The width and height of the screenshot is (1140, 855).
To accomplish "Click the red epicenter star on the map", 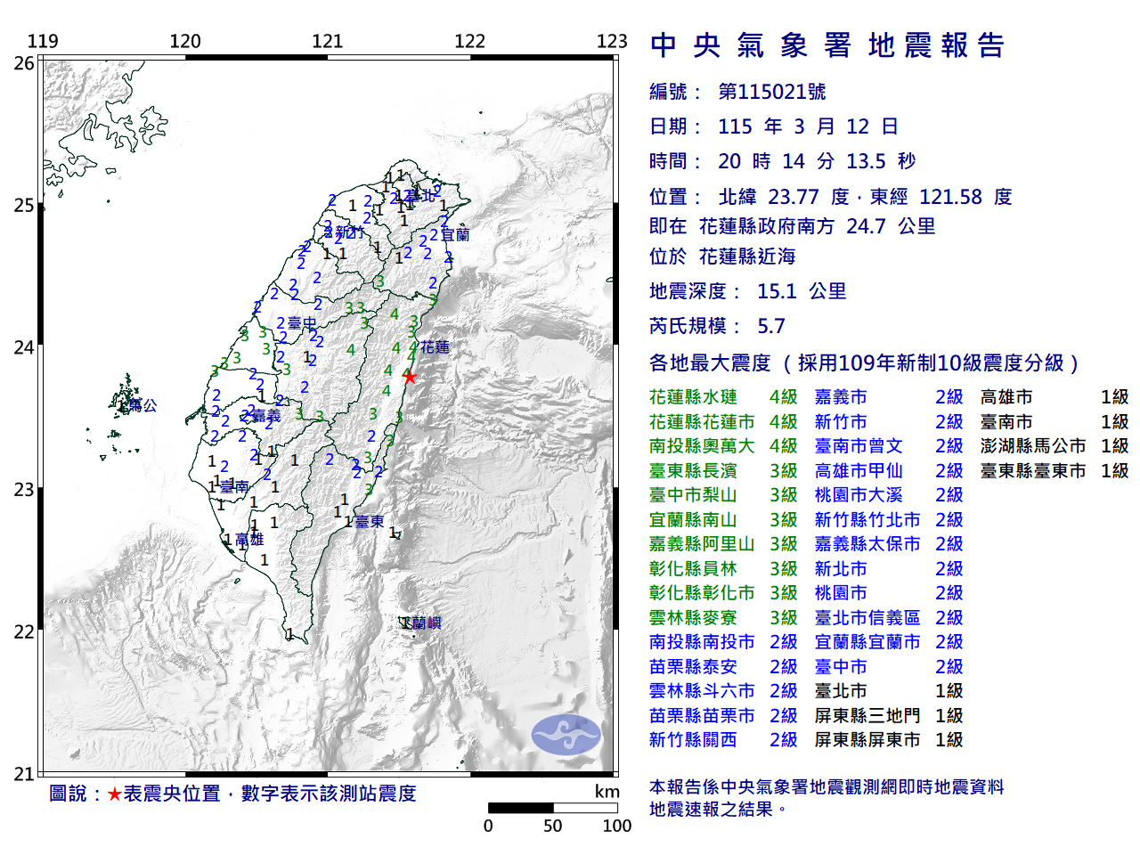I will (409, 377).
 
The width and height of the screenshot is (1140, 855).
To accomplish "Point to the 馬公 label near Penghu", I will (142, 405).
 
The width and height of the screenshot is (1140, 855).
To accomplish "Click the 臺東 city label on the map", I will (370, 522).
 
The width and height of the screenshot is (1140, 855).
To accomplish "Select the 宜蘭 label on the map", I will (455, 235).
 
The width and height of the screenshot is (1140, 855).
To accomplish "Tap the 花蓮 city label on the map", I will (436, 347).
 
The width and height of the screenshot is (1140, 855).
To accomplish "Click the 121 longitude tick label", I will (327, 41).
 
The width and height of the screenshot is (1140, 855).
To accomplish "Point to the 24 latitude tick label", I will (24, 347).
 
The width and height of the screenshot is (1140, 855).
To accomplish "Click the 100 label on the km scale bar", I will (616, 826).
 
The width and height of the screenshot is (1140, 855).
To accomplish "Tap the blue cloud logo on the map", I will (566, 735).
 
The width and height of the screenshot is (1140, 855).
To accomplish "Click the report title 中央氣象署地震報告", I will (827, 45).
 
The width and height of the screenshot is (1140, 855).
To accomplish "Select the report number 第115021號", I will (772, 92).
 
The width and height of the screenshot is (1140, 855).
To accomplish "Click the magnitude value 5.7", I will (771, 326).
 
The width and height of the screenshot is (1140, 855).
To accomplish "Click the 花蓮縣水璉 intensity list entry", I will (693, 397).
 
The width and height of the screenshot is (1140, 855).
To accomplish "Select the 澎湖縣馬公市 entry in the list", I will (1033, 446).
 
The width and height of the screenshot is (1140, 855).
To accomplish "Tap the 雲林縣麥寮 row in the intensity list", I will (693, 617).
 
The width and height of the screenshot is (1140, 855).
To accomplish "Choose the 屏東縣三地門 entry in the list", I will (867, 715).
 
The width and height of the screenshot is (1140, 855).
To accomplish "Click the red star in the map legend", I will (114, 794).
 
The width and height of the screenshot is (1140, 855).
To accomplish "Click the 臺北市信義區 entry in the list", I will (867, 617).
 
